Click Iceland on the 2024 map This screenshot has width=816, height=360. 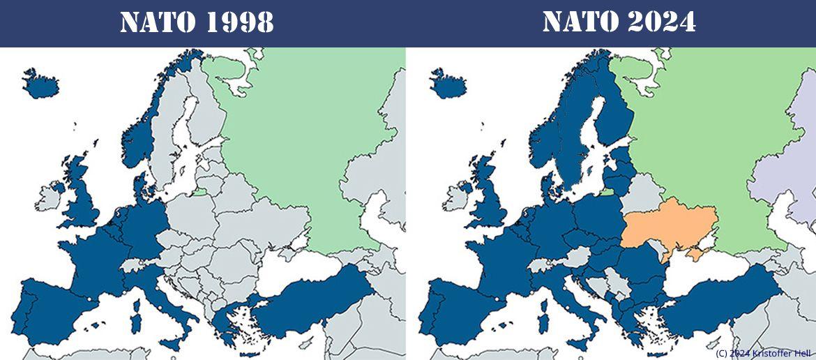447,83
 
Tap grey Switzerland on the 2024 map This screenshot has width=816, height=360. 541,264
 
